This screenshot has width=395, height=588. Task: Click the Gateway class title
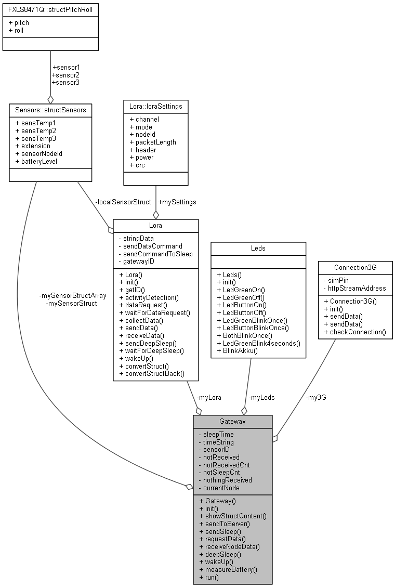coord(232,421)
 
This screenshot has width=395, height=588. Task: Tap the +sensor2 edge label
coord(65,75)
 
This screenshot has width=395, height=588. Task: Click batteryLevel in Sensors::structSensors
coord(36,161)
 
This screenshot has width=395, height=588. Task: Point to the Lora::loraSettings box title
coord(155,107)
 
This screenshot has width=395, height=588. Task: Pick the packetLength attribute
coord(152,142)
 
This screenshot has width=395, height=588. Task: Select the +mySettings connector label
coord(177,202)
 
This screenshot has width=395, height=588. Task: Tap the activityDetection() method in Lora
coord(149,297)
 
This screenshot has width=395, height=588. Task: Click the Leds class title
coord(258,248)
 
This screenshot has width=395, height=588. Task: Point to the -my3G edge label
coord(316,397)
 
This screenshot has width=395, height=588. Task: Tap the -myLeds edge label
coord(261,397)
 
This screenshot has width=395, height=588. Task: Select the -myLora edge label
coord(208,397)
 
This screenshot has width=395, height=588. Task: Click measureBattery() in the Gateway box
coord(228,569)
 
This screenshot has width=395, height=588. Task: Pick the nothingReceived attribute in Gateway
coord(227,480)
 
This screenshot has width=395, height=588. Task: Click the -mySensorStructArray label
coord(73,295)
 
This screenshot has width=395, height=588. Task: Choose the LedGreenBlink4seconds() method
coord(258,343)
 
